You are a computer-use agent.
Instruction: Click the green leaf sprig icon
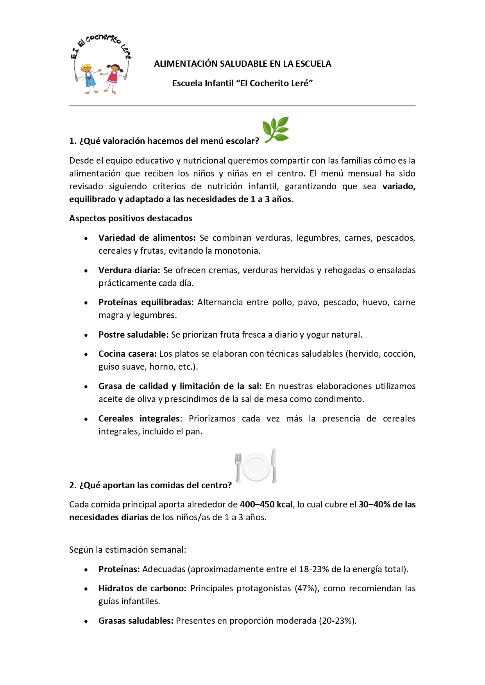pyautogui.click(x=276, y=130)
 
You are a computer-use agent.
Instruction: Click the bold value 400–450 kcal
pyautogui.click(x=266, y=504)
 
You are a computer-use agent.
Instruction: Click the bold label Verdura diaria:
pyautogui.click(x=129, y=270)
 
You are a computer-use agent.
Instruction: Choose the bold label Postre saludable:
pyautogui.click(x=133, y=334)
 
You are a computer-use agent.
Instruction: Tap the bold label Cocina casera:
pyautogui.click(x=127, y=354)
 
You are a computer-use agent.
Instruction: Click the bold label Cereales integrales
pyautogui.click(x=139, y=418)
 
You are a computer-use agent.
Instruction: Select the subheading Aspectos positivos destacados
pyautogui.click(x=131, y=218)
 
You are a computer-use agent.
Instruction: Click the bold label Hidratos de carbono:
pyautogui.click(x=142, y=588)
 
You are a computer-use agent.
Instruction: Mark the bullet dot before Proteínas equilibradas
pyautogui.click(x=86, y=303)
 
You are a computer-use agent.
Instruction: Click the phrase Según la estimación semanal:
pyautogui.click(x=127, y=550)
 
